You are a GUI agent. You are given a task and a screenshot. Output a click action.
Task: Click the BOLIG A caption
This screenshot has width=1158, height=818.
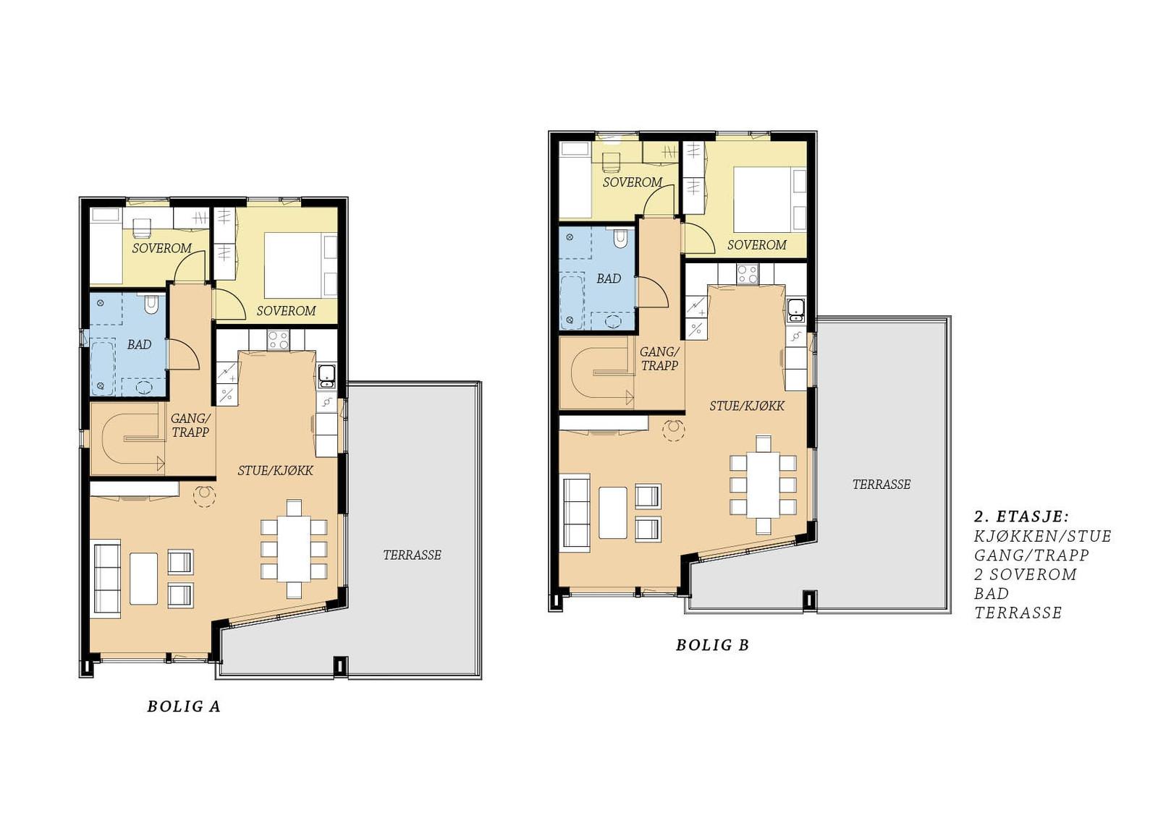(184, 707)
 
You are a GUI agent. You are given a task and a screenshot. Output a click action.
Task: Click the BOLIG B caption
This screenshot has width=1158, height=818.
(713, 645)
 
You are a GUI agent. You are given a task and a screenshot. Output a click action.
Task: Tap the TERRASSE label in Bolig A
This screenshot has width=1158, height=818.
(412, 555)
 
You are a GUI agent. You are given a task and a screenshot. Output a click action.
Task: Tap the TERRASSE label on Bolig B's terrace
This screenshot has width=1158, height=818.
(882, 484)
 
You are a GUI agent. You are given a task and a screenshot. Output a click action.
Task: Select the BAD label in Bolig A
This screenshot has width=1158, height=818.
(139, 345)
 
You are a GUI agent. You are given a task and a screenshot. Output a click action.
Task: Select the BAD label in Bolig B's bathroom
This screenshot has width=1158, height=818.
(609, 278)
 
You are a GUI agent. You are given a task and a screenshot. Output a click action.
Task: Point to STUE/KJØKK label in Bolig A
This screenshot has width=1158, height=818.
(276, 470)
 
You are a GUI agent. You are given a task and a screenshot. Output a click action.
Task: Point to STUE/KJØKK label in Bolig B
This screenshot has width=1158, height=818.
(747, 406)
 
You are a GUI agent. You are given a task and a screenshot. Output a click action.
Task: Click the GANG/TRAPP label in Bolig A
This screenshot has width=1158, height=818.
(190, 425)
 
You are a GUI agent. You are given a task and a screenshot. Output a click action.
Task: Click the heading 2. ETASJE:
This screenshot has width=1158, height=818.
(1021, 516)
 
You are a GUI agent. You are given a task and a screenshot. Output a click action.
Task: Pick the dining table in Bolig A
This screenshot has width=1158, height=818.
(294, 548)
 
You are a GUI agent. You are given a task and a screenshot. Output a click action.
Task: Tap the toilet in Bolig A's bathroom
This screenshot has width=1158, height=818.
(151, 305)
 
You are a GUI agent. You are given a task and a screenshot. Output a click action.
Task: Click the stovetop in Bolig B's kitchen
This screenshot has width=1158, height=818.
(748, 274)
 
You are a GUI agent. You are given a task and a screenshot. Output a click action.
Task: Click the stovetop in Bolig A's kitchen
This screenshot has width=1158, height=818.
(278, 340)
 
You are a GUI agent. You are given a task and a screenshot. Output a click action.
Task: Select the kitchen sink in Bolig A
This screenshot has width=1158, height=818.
(326, 376)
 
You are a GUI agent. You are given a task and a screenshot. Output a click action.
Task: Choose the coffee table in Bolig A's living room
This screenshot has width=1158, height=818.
(144, 579)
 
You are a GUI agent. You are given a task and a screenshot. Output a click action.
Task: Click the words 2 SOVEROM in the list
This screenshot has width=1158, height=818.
(1026, 574)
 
